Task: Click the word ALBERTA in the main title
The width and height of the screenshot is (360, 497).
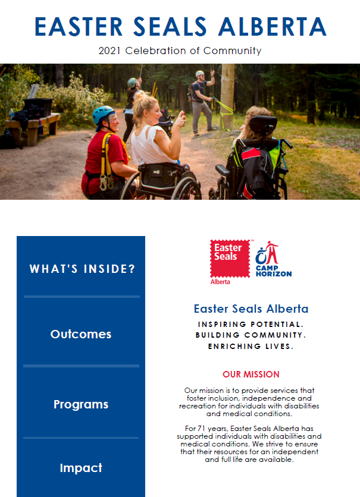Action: [273, 27]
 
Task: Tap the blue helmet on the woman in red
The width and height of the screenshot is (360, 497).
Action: [103, 115]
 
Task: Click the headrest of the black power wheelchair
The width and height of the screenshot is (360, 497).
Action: [263, 125]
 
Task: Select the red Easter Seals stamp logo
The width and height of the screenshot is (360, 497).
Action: [230, 259]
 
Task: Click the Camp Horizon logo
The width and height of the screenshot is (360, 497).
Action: [273, 259]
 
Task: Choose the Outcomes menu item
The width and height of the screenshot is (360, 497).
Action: [81, 334]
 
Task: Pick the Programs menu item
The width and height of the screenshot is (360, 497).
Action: [81, 404]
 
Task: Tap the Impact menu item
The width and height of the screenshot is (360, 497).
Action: [81, 468]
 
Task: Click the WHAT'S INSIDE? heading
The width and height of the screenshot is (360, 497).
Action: [82, 269]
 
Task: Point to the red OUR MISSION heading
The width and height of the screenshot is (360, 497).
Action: [251, 375]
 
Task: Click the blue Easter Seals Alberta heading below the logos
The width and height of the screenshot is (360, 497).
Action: [251, 309]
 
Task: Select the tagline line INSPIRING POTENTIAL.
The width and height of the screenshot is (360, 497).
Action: [251, 324]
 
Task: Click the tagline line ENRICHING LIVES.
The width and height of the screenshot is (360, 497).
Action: [251, 346]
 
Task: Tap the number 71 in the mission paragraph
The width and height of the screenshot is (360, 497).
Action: [201, 429]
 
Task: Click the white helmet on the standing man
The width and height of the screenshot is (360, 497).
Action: [199, 73]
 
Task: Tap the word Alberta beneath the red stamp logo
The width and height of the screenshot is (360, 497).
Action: [220, 282]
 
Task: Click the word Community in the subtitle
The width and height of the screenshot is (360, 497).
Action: [233, 51]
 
